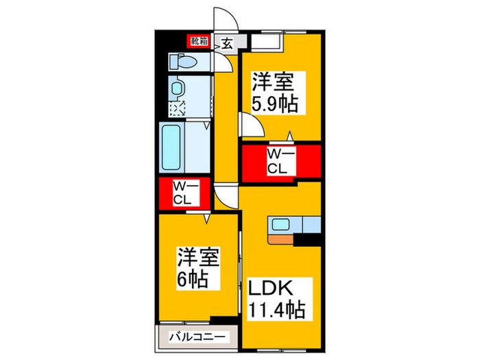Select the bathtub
pyautogui.click(x=171, y=148)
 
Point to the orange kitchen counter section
pyautogui.click(x=281, y=240)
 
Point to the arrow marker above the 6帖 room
pyautogui.click(x=206, y=218)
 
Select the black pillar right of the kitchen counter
pyautogui.click(x=307, y=240)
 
